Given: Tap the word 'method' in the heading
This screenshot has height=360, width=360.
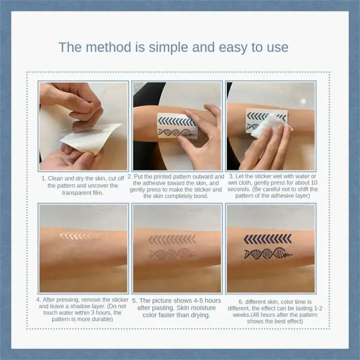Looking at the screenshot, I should [x=108, y=47].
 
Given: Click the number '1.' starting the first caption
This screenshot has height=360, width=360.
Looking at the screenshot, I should [x=44, y=178].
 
